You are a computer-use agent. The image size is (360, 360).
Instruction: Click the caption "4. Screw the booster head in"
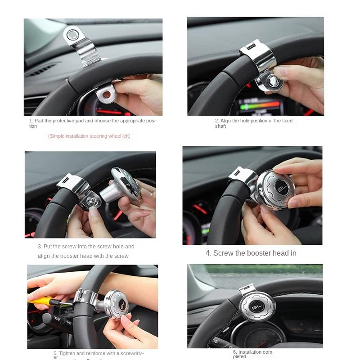click(x=251, y=253)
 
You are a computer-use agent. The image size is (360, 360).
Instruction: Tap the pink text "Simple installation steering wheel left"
click(x=89, y=136)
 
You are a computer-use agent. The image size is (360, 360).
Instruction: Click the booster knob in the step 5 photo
click(x=116, y=304)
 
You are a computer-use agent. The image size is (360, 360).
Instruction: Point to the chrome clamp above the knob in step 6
click(x=248, y=289)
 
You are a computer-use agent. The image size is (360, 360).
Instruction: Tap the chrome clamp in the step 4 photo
click(x=243, y=176)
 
